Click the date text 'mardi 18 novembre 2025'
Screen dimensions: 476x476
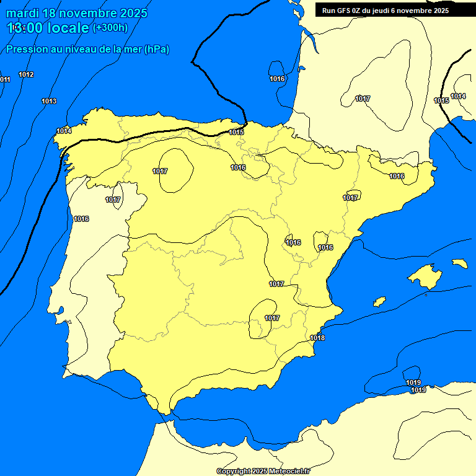coord(77,13)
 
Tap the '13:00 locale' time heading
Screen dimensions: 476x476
coord(48,28)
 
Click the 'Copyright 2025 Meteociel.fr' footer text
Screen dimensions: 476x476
coord(263,471)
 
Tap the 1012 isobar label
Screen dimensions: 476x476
coord(26,75)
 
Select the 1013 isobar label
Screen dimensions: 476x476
coord(49,101)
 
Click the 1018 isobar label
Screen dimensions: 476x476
coord(317,338)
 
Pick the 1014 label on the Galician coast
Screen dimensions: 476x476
coord(64,131)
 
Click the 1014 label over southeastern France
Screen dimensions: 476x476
coord(458,96)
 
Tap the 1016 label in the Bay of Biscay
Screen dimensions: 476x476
coord(277,79)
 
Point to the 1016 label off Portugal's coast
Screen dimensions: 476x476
coord(81,219)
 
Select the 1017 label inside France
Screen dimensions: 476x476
coord(363,99)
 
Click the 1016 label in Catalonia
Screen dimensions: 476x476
coord(397,177)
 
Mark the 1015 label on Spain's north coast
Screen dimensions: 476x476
coord(236,132)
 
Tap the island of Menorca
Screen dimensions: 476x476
coord(460,263)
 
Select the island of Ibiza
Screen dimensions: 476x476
coord(379,301)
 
